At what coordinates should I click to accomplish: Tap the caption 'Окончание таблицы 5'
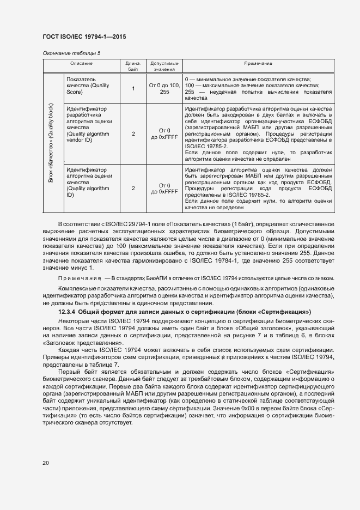coord(71,53)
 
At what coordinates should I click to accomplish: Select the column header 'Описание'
coord(81,64)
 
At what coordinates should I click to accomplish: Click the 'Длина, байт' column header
coord(133,66)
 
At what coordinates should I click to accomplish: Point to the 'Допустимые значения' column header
coord(164,66)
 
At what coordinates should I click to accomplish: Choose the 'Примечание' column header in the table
coord(258,64)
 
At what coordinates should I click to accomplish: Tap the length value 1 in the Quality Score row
coord(133,89)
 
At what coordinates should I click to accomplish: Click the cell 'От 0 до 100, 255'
coord(164,89)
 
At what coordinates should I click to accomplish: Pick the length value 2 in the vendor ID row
coord(133,133)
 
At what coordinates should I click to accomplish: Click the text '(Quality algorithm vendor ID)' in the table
coord(87,137)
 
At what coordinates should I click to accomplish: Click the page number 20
coord(46,463)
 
